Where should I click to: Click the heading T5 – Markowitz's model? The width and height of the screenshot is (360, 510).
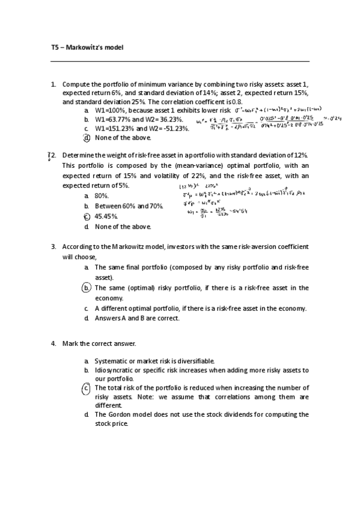(87, 47)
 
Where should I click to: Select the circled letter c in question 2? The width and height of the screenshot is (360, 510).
(87, 217)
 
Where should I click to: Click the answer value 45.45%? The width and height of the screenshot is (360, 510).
(106, 217)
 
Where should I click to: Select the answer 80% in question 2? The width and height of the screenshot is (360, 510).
(102, 196)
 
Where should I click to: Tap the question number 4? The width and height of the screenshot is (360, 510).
(53, 343)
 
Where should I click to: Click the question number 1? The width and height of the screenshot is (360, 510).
(53, 85)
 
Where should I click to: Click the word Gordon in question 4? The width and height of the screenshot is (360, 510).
(121, 414)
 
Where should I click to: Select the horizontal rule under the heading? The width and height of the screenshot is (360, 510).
(180, 61)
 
